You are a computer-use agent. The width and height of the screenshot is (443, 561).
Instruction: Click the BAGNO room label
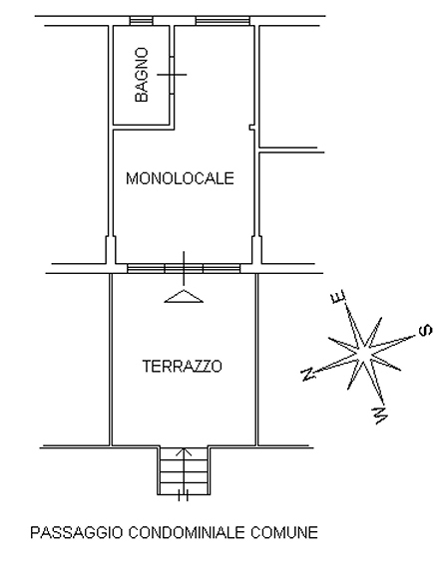[x=143, y=75]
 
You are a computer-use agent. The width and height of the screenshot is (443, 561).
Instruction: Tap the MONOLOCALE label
[x=180, y=179]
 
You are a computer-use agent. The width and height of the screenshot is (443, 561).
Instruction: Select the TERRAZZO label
[x=182, y=367]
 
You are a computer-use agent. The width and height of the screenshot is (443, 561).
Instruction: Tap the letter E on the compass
[x=338, y=297]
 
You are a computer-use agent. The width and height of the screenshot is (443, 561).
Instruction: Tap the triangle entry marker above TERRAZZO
[x=184, y=296]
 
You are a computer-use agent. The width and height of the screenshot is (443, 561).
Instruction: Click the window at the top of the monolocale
[x=216, y=20]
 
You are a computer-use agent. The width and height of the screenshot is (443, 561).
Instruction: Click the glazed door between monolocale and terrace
[x=184, y=268]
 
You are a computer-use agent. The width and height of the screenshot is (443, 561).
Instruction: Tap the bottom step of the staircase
[x=183, y=490]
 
